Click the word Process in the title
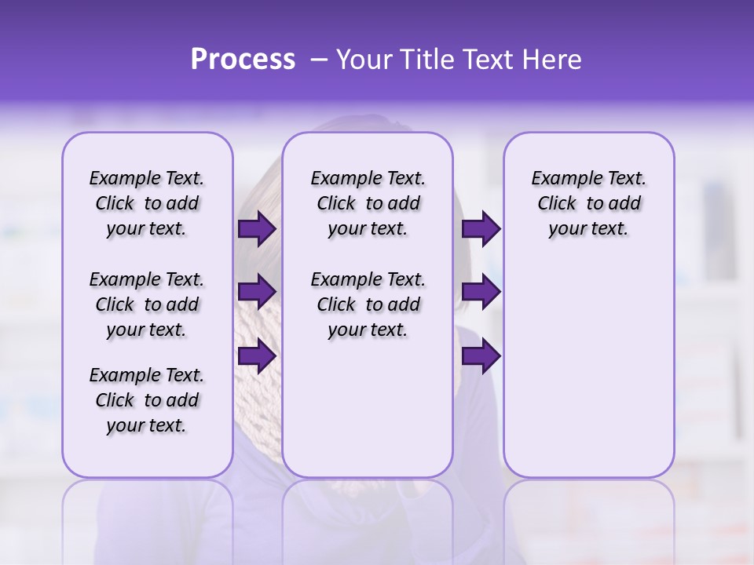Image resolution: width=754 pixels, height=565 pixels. click(243, 60)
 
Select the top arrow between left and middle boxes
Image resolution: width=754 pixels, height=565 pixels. click(256, 229)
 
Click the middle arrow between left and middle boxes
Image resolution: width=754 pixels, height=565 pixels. click(256, 292)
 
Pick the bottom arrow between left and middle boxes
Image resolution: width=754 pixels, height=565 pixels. click(256, 355)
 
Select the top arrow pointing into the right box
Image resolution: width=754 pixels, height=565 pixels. click(480, 229)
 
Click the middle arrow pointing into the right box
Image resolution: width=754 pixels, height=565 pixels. click(480, 292)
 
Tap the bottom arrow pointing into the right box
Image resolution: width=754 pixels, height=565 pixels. click(480, 355)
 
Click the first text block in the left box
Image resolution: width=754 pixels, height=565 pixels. click(147, 203)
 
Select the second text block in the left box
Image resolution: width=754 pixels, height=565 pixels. click(147, 304)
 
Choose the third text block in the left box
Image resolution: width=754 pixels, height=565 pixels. click(147, 400)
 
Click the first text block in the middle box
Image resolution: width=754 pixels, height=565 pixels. click(368, 203)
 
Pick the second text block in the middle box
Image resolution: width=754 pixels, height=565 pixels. click(368, 304)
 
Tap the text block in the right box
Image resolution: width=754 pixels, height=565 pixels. click(588, 203)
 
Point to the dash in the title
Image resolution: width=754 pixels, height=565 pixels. click(318, 60)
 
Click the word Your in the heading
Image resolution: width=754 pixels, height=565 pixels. click(361, 60)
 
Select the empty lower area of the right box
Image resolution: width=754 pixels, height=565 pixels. click(588, 369)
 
